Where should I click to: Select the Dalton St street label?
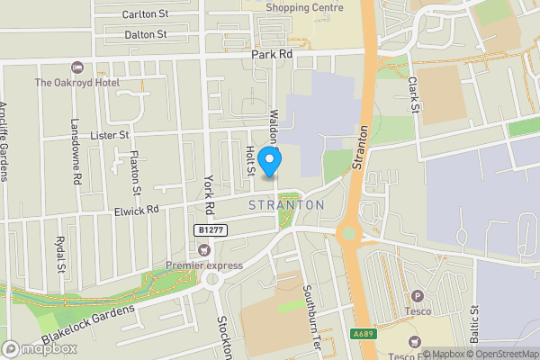click(x=145, y=34)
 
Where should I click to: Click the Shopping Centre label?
click(x=305, y=7)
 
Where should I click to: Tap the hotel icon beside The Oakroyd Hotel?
click(x=77, y=67)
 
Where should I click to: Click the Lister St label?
click(x=111, y=134)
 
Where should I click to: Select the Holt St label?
click(x=251, y=162)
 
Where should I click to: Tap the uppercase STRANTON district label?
click(x=285, y=205)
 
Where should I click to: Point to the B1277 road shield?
click(x=210, y=230)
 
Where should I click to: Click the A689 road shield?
click(x=363, y=334)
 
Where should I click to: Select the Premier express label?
click(x=204, y=265)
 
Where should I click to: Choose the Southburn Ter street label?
click(x=306, y=306)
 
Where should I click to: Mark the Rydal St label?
click(x=60, y=253)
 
